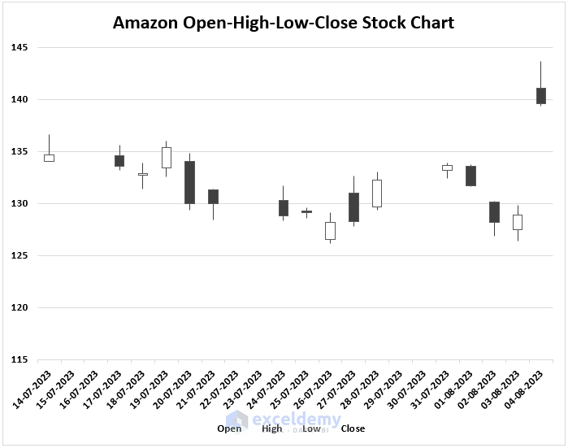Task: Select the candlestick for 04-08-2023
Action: click(x=540, y=95)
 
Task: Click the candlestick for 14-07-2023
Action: click(x=49, y=158)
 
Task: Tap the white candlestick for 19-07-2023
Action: click(x=166, y=157)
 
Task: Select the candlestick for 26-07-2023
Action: click(x=330, y=231)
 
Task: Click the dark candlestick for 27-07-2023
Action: click(x=353, y=207)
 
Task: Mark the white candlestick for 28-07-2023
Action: click(x=377, y=194)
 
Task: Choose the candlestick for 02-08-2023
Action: click(x=494, y=211)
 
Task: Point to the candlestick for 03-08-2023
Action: click(x=518, y=222)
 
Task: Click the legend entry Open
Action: click(x=229, y=428)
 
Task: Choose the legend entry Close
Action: click(x=353, y=428)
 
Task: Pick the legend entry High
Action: click(x=272, y=428)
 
